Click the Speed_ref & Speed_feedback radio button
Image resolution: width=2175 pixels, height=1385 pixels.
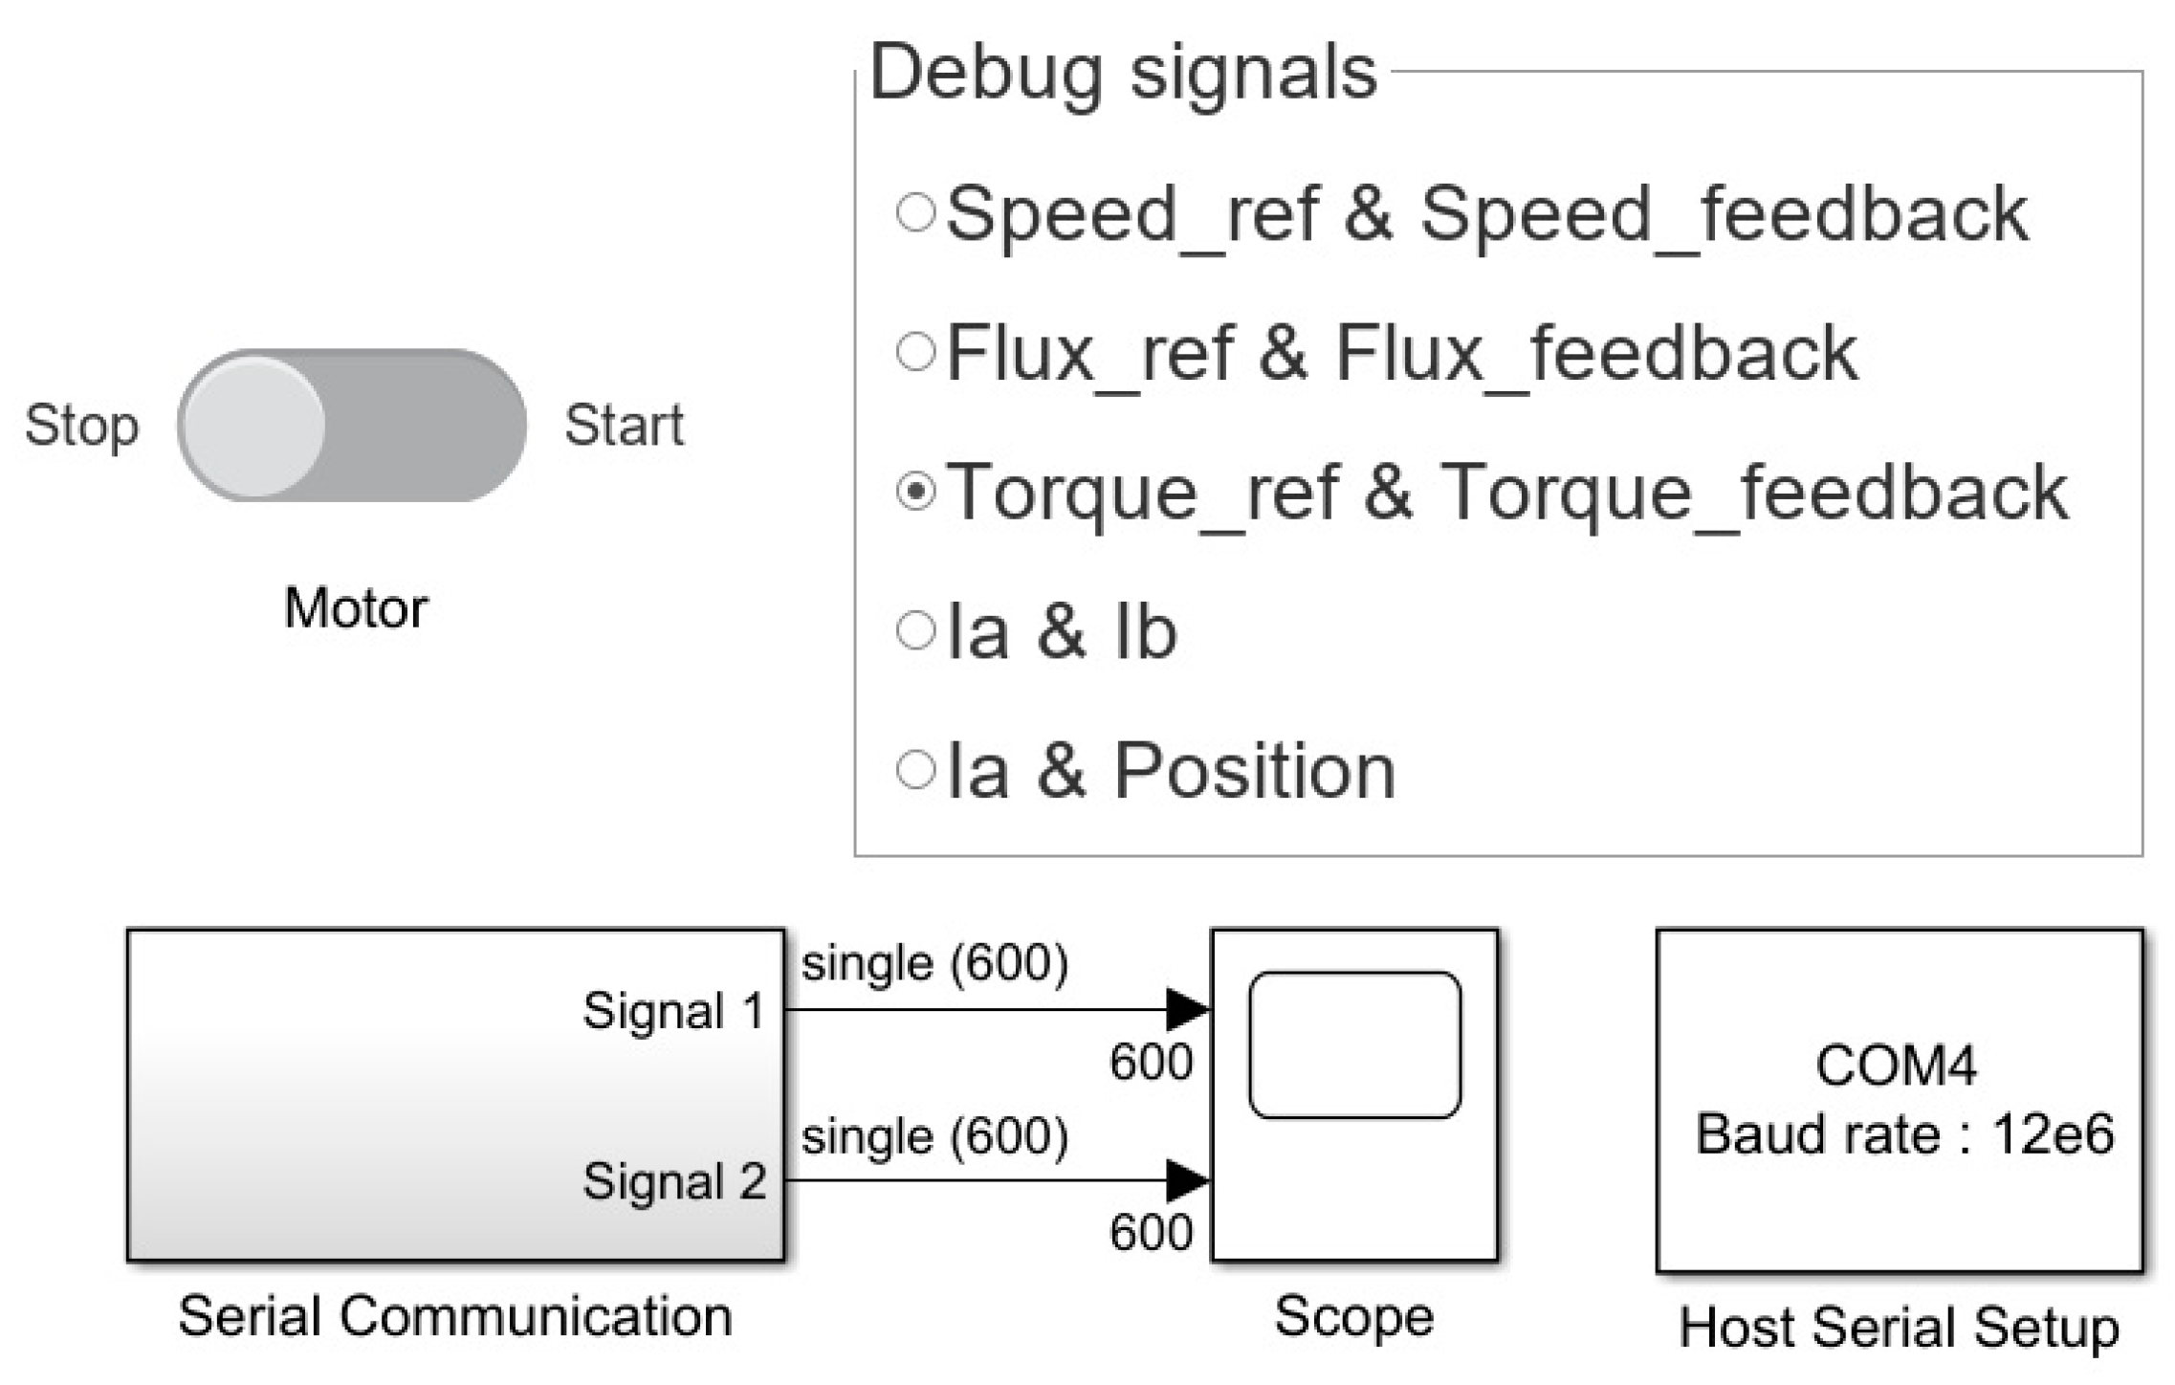(915, 212)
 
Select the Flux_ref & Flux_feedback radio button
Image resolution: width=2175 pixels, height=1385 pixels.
(915, 352)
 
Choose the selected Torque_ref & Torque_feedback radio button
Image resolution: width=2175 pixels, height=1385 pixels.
(915, 492)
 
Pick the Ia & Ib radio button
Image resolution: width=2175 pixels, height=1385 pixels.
(915, 631)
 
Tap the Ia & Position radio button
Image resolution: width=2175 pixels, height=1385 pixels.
(915, 770)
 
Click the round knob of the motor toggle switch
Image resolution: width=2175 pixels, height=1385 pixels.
(253, 426)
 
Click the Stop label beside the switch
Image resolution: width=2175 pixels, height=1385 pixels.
(81, 426)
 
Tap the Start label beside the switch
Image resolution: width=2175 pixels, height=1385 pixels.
(624, 426)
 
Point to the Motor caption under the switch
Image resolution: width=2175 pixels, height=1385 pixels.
(356, 608)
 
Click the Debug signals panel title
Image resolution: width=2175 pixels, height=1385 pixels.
(1123, 73)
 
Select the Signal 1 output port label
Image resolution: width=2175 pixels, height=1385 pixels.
(674, 1011)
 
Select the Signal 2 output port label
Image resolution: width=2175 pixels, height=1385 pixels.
(674, 1181)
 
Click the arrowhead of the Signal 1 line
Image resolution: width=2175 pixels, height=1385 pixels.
(1188, 1009)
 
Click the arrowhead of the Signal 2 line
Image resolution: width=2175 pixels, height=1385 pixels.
(1188, 1180)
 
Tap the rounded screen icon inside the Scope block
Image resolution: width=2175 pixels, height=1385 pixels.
(1354, 1044)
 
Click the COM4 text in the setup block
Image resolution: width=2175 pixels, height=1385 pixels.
(1896, 1066)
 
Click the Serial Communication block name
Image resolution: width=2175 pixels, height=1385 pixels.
(455, 1317)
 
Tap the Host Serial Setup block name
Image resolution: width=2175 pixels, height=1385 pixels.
(1899, 1328)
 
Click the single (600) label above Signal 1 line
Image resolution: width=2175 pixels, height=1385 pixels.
(934, 963)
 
